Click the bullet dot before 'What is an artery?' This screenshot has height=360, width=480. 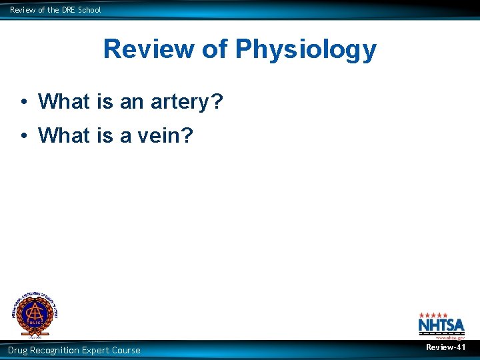pos(23,102)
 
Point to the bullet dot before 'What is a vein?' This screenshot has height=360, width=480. pos(23,135)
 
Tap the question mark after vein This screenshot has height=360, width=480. pos(187,135)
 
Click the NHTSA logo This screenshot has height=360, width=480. pos(441,325)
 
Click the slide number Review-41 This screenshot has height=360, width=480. pos(445,348)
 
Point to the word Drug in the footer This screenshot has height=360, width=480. pos(19,350)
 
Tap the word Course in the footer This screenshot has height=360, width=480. pos(127,350)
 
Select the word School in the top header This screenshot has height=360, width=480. pos(89,9)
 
